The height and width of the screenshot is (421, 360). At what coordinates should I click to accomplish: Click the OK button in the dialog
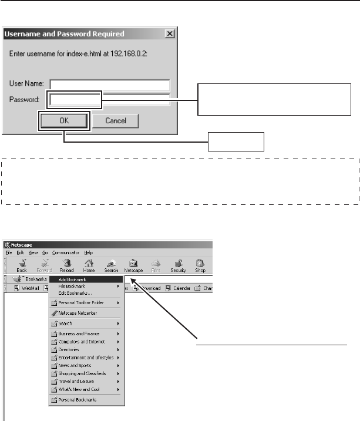(64, 121)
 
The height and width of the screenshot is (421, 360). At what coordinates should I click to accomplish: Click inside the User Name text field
(110, 84)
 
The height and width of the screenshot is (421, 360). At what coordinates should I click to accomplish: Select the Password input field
(110, 100)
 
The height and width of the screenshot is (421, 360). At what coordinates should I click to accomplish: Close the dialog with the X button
(170, 34)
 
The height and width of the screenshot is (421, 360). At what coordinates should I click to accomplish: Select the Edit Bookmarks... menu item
(75, 293)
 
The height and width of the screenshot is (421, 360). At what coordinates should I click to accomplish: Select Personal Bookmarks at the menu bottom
(78, 399)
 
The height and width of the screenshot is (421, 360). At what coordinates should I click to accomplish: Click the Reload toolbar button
(67, 266)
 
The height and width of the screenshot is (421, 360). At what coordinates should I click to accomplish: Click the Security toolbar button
(178, 266)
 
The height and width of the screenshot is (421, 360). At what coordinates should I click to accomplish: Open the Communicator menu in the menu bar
(65, 252)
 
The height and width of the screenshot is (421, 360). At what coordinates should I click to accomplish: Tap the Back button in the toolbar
(22, 266)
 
